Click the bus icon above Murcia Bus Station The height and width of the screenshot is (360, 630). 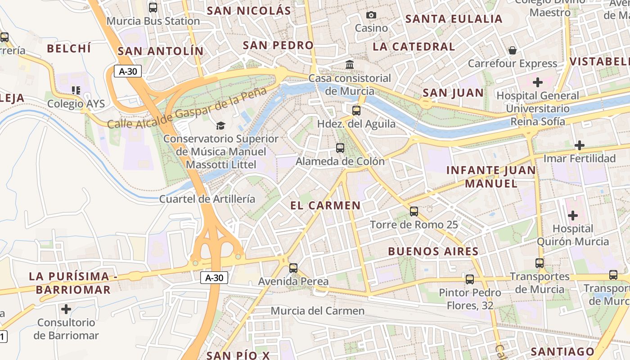coord(153,7)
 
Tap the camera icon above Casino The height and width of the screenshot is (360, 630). coord(371,15)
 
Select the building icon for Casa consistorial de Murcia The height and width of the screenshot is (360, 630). coord(350,65)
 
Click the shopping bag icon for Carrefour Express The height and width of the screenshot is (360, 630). coord(512,50)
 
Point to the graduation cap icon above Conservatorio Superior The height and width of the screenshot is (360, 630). coord(220,126)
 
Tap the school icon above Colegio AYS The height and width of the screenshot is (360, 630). coord(76,90)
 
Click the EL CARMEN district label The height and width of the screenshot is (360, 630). coord(325,206)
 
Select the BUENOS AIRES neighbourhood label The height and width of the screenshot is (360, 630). coord(433,251)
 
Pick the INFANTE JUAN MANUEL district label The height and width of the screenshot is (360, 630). coord(491,177)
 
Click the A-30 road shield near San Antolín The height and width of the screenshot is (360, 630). coord(128,71)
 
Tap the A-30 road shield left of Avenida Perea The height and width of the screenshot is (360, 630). coord(214,278)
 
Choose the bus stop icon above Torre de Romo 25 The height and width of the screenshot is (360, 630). coord(414,211)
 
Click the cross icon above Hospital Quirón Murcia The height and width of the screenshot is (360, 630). coord(572,216)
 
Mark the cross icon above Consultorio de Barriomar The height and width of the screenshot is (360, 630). coord(66,309)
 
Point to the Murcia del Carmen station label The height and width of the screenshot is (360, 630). coord(317,311)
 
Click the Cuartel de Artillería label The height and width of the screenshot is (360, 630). coord(207,199)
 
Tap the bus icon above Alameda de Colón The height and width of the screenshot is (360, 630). coord(340,148)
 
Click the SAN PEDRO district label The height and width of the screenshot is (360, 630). coord(278,45)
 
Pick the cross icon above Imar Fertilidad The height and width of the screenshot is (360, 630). coord(579,145)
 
